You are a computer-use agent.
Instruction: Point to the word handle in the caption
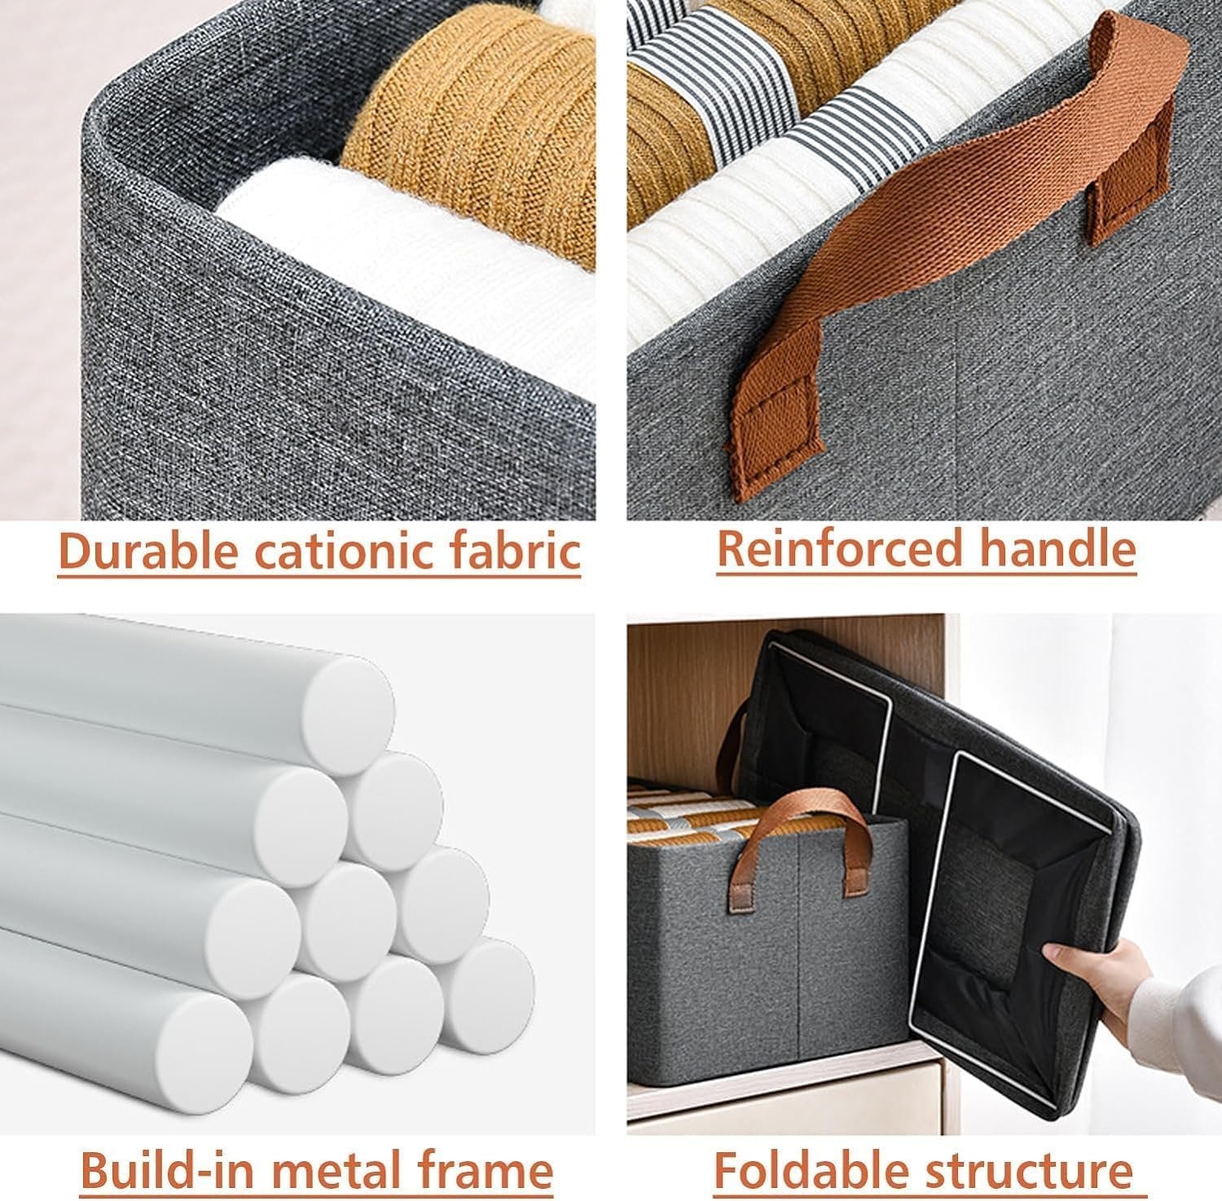coord(1057,549)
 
